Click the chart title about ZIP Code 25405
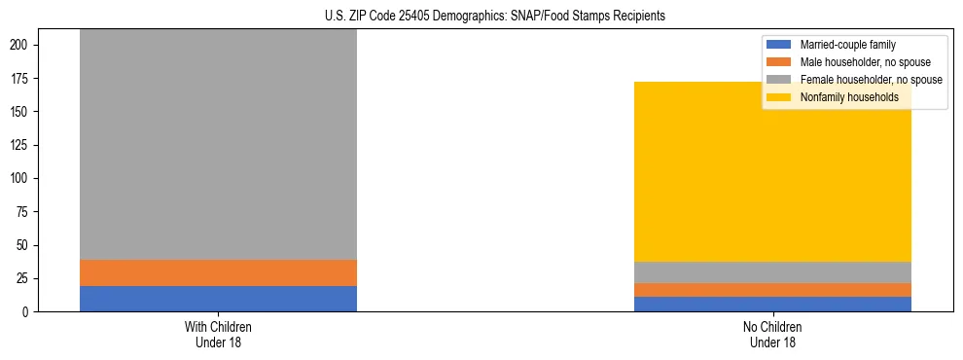[x=495, y=17]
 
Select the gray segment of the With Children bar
[x=218, y=146]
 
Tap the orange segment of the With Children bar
[x=218, y=272]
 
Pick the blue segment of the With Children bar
[x=218, y=298]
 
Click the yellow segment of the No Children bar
[x=772, y=171]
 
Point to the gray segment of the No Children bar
[x=772, y=272]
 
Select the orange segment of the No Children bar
[x=772, y=290]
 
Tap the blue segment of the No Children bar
[x=772, y=304]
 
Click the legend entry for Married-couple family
[x=847, y=45]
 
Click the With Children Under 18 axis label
[x=218, y=334]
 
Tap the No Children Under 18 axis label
[x=772, y=334]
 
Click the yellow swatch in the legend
[x=779, y=97]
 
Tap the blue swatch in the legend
[x=779, y=45]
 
